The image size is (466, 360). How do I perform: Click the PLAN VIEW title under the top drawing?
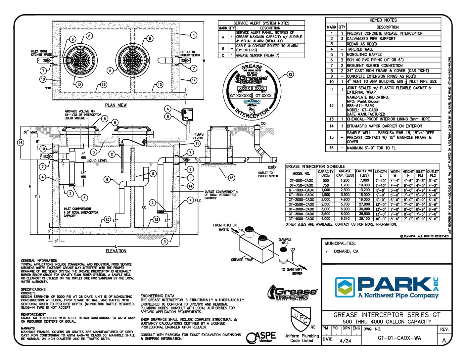click(x=116, y=105)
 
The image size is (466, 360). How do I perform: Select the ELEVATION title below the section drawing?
click(x=116, y=251)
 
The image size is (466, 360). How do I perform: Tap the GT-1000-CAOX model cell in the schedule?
click(x=301, y=190)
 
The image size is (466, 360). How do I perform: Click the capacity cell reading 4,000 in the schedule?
click(x=326, y=219)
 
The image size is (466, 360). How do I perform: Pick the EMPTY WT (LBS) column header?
click(x=364, y=173)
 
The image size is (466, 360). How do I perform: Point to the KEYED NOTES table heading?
click(x=383, y=20)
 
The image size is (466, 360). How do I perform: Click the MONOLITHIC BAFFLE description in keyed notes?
click(x=364, y=55)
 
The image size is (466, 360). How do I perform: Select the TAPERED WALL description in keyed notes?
click(x=360, y=49)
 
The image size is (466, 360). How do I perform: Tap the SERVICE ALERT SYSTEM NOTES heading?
click(x=261, y=23)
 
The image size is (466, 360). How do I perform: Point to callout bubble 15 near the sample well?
click(x=231, y=178)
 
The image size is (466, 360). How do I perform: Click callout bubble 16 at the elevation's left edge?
click(x=21, y=143)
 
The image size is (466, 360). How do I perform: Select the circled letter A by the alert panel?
click(x=168, y=109)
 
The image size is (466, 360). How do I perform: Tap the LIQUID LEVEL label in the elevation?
click(x=97, y=161)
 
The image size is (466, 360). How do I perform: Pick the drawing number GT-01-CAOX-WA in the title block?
click(x=399, y=338)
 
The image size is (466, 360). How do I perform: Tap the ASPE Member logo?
click(x=261, y=337)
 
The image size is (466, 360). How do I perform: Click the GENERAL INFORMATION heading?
click(x=39, y=261)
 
